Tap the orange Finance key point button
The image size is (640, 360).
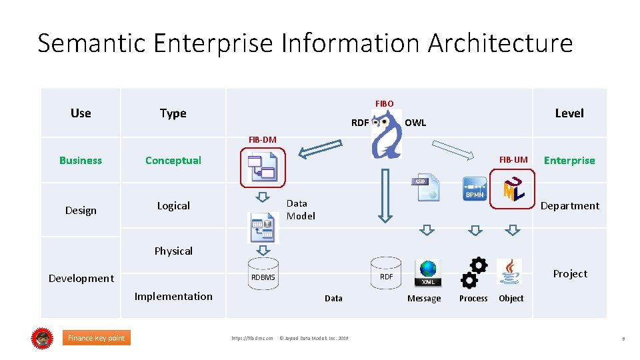[96, 338]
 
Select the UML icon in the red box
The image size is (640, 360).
[513, 189]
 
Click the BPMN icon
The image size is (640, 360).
[475, 189]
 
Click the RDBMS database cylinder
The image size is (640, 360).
[263, 274]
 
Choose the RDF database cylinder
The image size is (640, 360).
[386, 273]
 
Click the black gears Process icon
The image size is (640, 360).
[474, 272]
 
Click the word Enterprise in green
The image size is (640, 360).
[569, 161]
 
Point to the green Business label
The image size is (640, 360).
[81, 160]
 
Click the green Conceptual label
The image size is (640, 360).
[173, 160]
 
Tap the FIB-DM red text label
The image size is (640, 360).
[262, 139]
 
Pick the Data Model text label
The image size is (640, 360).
[301, 209]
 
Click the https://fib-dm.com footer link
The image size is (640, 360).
[252, 339]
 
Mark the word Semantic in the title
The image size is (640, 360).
[91, 43]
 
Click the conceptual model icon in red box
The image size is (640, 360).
[262, 166]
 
